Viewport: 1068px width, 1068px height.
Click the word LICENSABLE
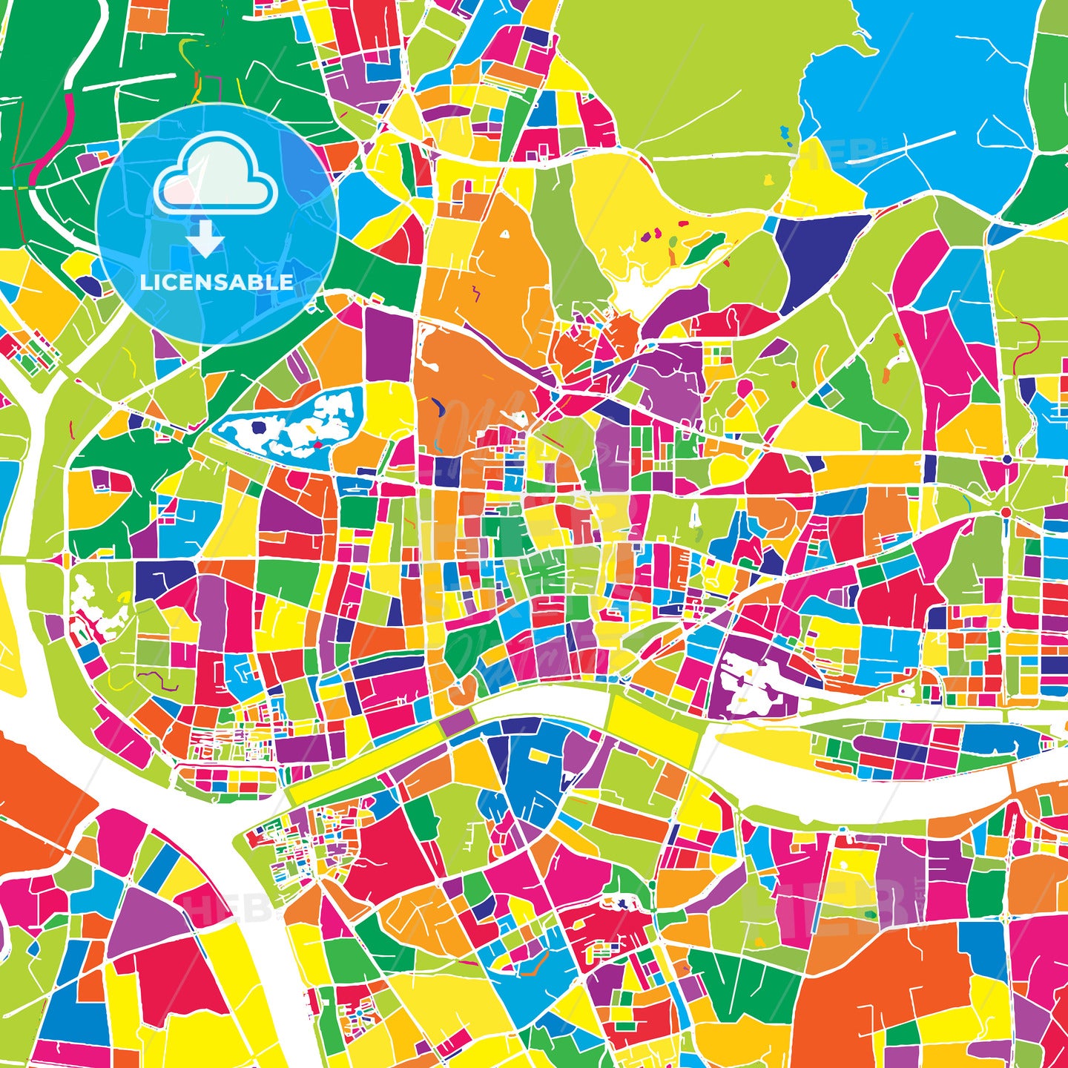pos(216,283)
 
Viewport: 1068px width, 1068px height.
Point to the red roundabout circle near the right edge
pos(1006,512)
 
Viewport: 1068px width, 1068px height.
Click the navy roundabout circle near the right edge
pos(1007,460)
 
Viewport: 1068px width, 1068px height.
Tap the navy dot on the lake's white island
pos(258,427)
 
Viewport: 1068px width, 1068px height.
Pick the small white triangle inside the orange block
pos(505,234)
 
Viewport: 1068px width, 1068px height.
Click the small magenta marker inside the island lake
pos(317,445)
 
